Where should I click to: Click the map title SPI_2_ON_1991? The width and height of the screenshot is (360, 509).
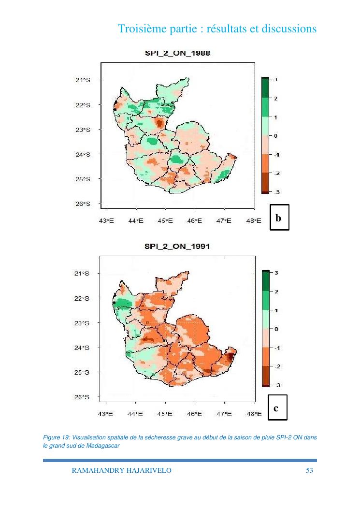(x=177, y=247)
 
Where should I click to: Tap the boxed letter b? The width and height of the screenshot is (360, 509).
(x=278, y=218)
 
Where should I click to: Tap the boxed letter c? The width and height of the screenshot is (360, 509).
(x=276, y=408)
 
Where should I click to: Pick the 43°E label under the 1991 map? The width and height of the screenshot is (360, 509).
(x=106, y=414)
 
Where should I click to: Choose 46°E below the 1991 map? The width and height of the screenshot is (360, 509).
(x=194, y=414)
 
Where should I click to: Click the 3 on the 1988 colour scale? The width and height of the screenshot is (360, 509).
(x=275, y=79)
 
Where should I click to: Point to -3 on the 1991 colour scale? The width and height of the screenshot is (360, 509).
(x=277, y=385)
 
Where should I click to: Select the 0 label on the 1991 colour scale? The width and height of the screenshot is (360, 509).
(x=275, y=329)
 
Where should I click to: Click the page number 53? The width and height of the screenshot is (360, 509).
(x=310, y=470)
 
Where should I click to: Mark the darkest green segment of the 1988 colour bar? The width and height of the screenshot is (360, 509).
(x=265, y=88)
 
